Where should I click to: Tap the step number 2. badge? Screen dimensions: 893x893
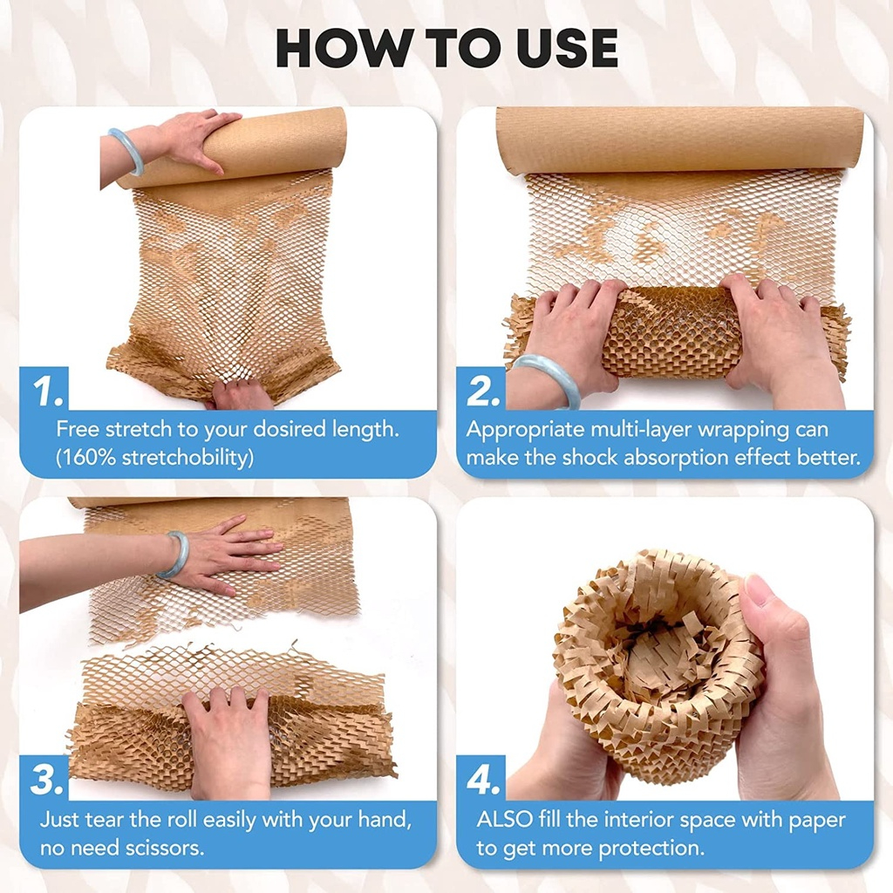tap(481, 390)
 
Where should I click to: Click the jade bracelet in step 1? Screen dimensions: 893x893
tap(126, 149)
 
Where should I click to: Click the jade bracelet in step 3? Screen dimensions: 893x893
tap(174, 555)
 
